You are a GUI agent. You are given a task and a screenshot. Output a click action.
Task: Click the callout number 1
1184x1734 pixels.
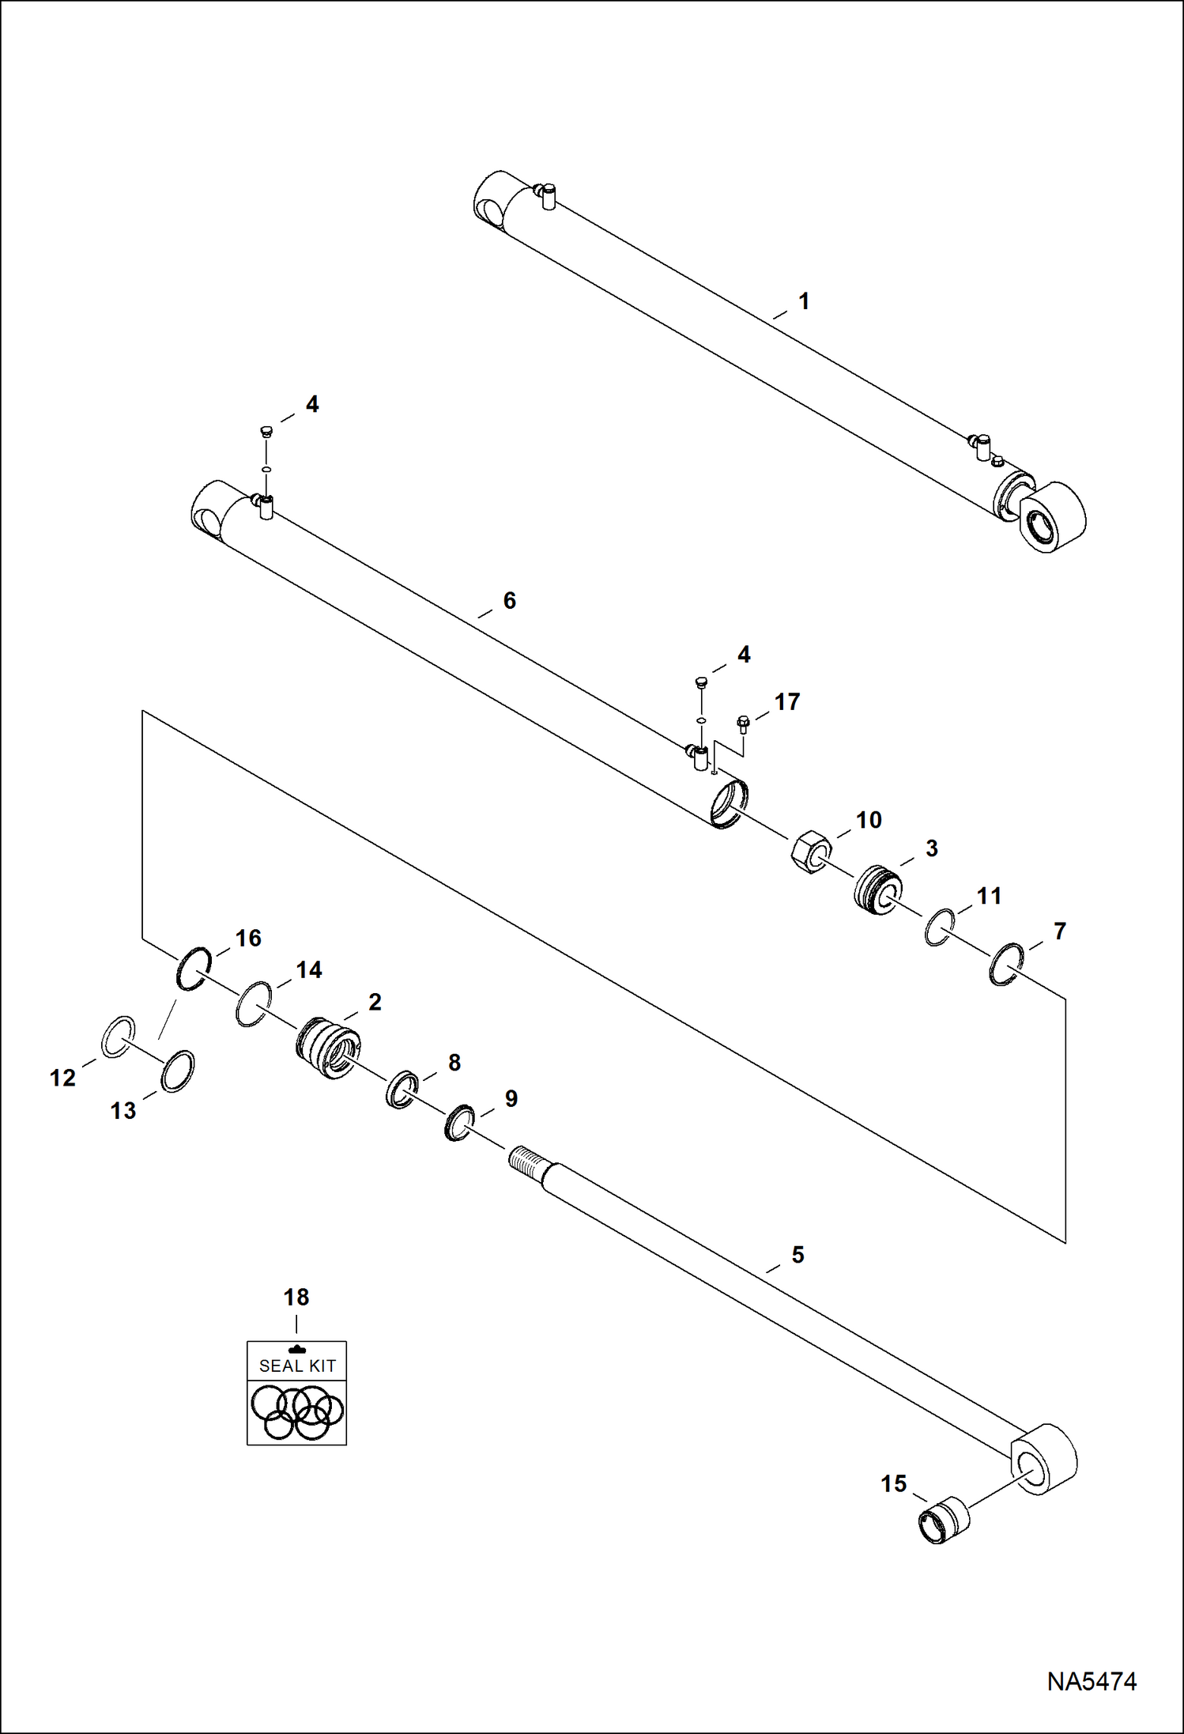click(x=804, y=301)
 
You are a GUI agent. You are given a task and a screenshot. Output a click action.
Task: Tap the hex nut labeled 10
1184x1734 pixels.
click(x=811, y=852)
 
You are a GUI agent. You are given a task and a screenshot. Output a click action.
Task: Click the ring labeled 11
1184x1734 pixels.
click(x=939, y=927)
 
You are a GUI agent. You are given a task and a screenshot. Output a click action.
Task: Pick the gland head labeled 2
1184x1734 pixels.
click(x=327, y=1048)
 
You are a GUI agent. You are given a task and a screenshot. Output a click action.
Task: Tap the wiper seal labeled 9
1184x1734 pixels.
click(x=458, y=1123)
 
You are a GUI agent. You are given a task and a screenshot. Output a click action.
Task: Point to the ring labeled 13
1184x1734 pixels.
click(x=178, y=1071)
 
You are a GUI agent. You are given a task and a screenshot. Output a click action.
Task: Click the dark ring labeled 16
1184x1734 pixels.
click(x=193, y=968)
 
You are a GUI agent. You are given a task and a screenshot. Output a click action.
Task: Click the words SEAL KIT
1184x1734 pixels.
click(x=297, y=1366)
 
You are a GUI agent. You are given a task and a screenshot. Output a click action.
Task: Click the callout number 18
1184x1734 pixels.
click(x=296, y=1297)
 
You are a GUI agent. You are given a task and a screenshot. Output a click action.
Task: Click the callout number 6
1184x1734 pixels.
click(x=509, y=601)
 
